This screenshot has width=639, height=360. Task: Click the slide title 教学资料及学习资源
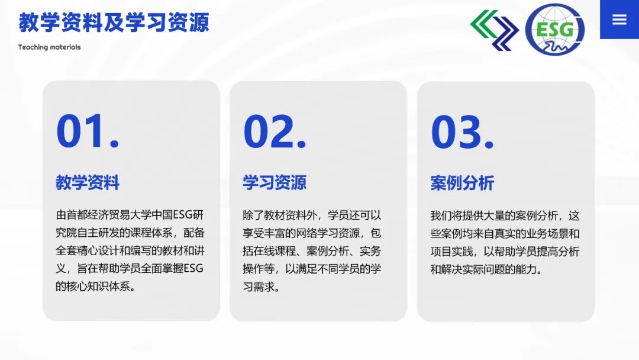click(x=114, y=22)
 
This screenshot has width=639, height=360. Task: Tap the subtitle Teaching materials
click(x=49, y=47)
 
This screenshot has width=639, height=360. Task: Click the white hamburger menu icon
click(x=619, y=19)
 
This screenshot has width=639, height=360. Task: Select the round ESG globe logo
click(x=554, y=30)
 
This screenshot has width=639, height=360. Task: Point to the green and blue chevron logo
click(x=494, y=30)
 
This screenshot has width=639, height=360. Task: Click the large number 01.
click(x=88, y=131)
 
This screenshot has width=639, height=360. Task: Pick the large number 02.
click(x=275, y=131)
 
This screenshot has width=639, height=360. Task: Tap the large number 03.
click(x=462, y=131)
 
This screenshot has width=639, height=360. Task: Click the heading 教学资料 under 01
click(x=88, y=182)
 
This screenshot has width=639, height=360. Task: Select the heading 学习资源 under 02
click(x=275, y=182)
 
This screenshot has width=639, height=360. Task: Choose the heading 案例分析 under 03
click(x=462, y=183)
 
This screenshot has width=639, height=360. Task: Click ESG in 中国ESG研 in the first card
click(x=183, y=215)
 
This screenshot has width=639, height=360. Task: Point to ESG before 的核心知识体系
click(x=193, y=268)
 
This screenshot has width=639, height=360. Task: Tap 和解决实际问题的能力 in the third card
click(x=483, y=269)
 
